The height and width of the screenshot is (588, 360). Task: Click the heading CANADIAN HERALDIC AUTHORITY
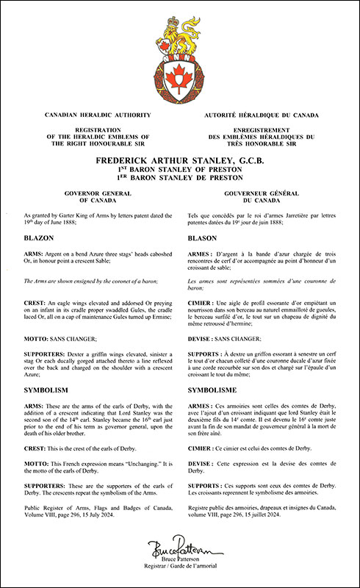coord(98,115)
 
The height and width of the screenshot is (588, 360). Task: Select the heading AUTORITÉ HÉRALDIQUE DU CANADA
coord(263,115)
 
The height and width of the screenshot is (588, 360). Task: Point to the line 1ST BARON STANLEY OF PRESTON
coord(180,168)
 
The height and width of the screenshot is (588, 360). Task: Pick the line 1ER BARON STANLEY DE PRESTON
coord(180,178)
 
